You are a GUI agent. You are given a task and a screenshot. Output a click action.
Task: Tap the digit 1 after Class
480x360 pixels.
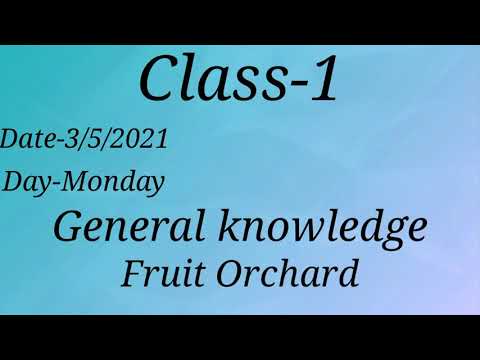(323, 79)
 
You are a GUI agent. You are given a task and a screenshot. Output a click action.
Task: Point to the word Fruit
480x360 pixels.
(154, 272)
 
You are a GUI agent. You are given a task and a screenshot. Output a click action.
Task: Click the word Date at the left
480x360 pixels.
(24, 139)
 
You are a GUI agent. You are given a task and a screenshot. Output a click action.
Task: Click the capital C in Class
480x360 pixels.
(159, 79)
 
